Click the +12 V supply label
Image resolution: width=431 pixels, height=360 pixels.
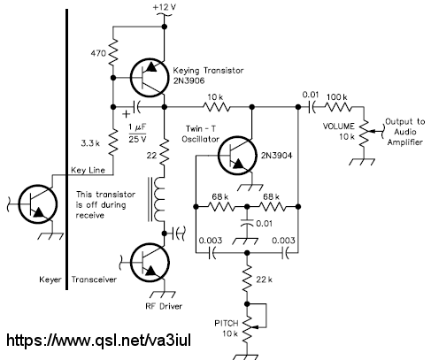click(x=165, y=7)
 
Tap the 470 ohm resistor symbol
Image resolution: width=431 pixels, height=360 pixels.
click(x=113, y=52)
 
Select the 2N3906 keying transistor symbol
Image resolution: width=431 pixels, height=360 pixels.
click(x=148, y=78)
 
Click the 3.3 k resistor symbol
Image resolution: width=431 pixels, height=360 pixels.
click(x=113, y=143)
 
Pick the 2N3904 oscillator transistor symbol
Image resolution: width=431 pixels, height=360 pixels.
click(x=236, y=155)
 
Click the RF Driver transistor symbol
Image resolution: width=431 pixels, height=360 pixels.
click(x=150, y=263)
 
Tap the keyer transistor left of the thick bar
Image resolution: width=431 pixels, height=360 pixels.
click(x=37, y=204)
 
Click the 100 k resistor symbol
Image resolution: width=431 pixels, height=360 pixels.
click(x=338, y=107)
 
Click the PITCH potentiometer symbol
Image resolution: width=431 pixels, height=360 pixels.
click(x=249, y=328)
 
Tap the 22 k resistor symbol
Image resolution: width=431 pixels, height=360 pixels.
click(x=247, y=279)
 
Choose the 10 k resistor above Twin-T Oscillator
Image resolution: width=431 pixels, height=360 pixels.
click(x=217, y=107)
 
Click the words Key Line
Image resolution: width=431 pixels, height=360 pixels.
click(x=88, y=170)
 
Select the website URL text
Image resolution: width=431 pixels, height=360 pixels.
click(x=98, y=340)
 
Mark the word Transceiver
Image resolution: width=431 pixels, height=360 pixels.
click(x=94, y=280)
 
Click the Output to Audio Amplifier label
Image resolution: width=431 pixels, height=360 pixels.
click(x=405, y=132)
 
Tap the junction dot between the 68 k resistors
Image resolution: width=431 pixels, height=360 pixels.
click(x=247, y=207)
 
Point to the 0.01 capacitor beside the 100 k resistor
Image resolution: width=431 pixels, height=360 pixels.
click(x=312, y=107)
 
